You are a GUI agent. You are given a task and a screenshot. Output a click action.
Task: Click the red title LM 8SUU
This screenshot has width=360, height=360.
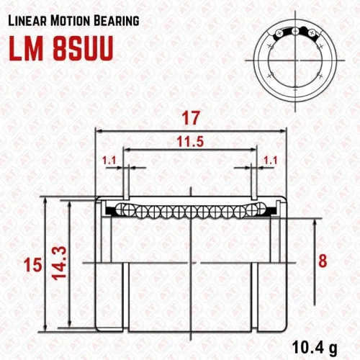(x=61, y=49)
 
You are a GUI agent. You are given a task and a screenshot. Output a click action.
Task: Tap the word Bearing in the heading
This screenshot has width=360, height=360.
(x=117, y=21)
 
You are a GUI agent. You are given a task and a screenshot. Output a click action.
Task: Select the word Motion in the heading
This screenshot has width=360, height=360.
(x=70, y=21)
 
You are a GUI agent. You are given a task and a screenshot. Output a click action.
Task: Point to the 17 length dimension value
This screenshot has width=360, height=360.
(x=191, y=118)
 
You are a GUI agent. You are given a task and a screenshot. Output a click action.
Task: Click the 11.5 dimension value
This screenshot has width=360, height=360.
(x=190, y=142)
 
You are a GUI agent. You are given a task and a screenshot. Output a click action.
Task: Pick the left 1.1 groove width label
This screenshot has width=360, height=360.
(x=109, y=160)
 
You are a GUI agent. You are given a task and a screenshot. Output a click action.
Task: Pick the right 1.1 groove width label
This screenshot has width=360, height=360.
(x=271, y=160)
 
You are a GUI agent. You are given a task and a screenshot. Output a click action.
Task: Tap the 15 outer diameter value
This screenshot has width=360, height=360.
(x=33, y=265)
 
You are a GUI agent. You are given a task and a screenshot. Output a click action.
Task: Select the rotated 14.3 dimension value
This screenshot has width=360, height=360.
(x=59, y=263)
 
